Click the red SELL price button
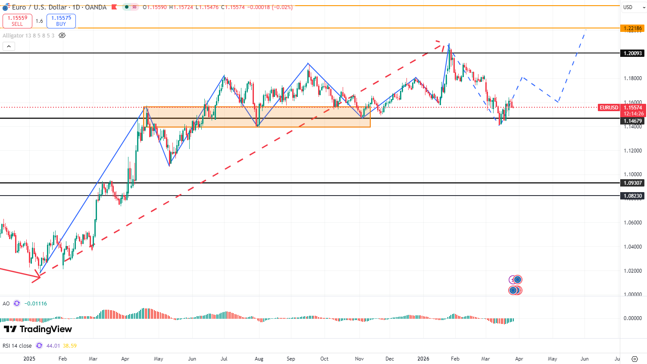coord(17,21)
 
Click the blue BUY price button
coord(61,21)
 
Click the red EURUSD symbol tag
coord(609,108)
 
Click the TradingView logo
coord(38,330)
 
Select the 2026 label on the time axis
coord(423,359)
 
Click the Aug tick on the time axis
coord(259,359)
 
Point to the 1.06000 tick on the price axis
coord(632,223)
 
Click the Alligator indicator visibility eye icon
coord(62,35)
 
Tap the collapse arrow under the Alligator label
coord(9,46)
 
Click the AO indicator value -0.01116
coord(36,304)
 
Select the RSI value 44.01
coord(53,346)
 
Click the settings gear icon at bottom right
coord(634,359)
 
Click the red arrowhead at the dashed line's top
coord(439,43)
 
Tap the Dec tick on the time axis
coord(390,359)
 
